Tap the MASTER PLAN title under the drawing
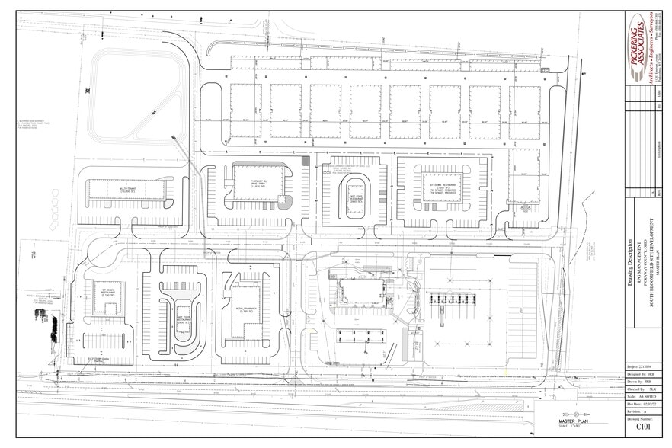coord(574,421)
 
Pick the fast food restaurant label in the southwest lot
coord(182,320)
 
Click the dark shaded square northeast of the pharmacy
coord(306,161)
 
